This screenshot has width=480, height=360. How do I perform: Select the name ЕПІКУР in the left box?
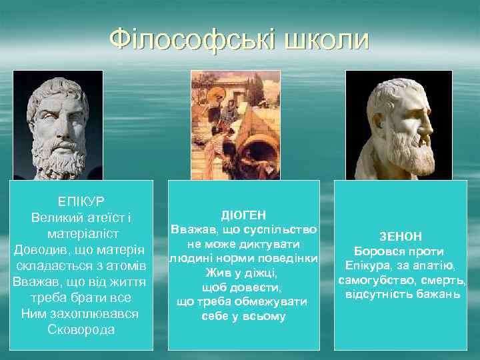(x=81, y=201)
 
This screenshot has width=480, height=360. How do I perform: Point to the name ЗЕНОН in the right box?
(x=400, y=237)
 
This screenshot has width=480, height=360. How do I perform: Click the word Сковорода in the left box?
(x=81, y=329)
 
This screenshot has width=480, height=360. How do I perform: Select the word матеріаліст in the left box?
(x=81, y=233)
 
